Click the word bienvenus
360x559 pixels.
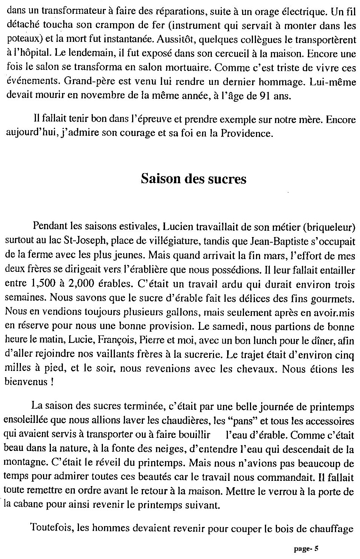pos(23,383)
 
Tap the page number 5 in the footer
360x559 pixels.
pos(316,549)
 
